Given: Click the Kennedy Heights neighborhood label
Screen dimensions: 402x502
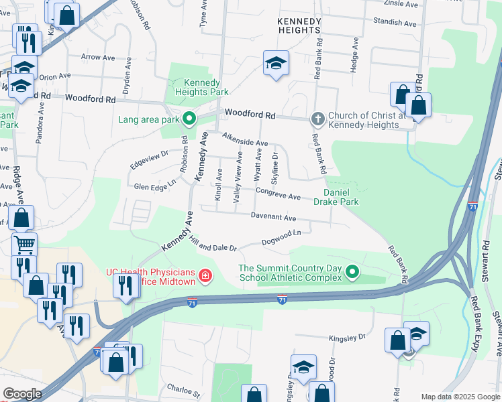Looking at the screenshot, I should [x=299, y=25].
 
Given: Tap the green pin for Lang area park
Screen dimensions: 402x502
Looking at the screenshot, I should [x=189, y=120].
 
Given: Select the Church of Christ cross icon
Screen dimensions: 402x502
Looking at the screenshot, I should [x=317, y=120].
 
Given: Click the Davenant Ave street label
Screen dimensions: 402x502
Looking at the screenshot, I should [x=274, y=218].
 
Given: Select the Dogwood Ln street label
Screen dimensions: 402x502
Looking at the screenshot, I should [x=281, y=235].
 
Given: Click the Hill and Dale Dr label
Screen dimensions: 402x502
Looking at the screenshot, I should [x=213, y=244].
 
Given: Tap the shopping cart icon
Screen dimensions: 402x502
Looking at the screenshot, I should [x=24, y=245].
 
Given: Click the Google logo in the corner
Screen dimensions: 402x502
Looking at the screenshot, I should [x=22, y=394].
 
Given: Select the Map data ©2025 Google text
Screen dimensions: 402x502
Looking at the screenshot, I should [x=460, y=397].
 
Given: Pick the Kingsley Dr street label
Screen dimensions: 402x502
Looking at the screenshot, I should [x=348, y=337].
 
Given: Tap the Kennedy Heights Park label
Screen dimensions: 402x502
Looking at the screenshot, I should [x=201, y=87].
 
